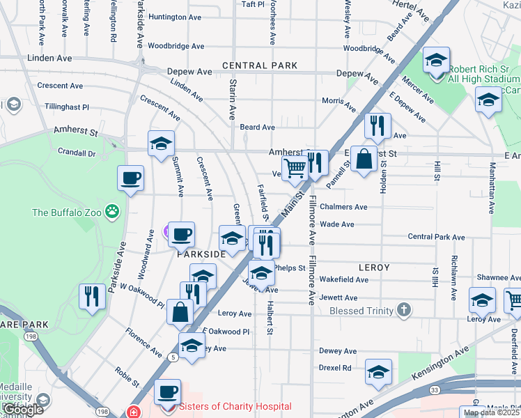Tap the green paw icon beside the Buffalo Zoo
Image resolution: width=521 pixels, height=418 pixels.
pyautogui.click(x=111, y=210)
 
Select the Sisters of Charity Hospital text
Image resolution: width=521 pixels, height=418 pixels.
pyautogui.click(x=235, y=406)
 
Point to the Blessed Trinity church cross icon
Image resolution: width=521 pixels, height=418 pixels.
pyautogui.click(x=403, y=310)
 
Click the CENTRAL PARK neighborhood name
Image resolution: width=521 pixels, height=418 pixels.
pyautogui.click(x=260, y=65)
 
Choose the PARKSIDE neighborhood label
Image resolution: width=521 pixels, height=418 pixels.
pyautogui.click(x=201, y=254)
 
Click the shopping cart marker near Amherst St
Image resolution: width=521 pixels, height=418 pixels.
pyautogui.click(x=295, y=167)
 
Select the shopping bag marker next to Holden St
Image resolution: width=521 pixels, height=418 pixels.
pyautogui.click(x=364, y=158)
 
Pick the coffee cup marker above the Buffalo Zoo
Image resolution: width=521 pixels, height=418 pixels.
pyautogui.click(x=130, y=178)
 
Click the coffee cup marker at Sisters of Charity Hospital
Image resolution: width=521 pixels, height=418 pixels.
pyautogui.click(x=167, y=392)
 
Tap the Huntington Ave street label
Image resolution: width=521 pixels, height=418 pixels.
pyautogui.click(x=177, y=17)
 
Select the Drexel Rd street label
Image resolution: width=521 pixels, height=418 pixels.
pyautogui.click(x=335, y=367)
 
